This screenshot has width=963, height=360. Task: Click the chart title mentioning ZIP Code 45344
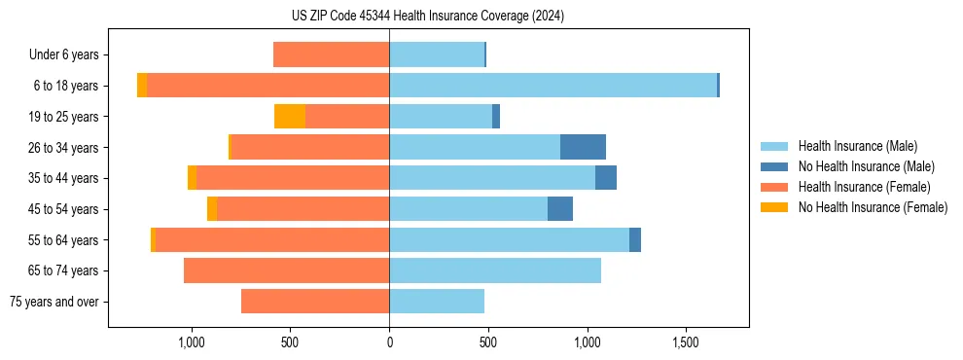click(x=428, y=17)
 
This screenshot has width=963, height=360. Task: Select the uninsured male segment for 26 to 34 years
click(x=583, y=147)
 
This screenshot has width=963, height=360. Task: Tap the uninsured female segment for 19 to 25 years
click(x=290, y=117)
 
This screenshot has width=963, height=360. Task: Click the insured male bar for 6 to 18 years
click(x=553, y=86)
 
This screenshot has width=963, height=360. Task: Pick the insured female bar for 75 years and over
click(x=315, y=302)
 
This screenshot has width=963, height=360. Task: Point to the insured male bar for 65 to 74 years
click(x=495, y=270)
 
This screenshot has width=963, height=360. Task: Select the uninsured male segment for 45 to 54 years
click(x=560, y=209)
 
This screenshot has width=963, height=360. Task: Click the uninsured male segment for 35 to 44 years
click(x=606, y=178)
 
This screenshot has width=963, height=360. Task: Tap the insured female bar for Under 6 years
click(x=332, y=54)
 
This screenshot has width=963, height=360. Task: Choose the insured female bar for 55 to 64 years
click(x=272, y=239)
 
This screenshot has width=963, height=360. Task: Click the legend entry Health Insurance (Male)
click(x=857, y=146)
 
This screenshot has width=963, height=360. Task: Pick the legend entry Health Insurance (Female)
click(x=864, y=187)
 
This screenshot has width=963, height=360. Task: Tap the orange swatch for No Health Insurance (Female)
click(x=774, y=207)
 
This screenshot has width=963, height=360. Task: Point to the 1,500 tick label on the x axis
click(x=686, y=343)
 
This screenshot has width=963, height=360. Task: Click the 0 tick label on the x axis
click(x=389, y=343)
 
